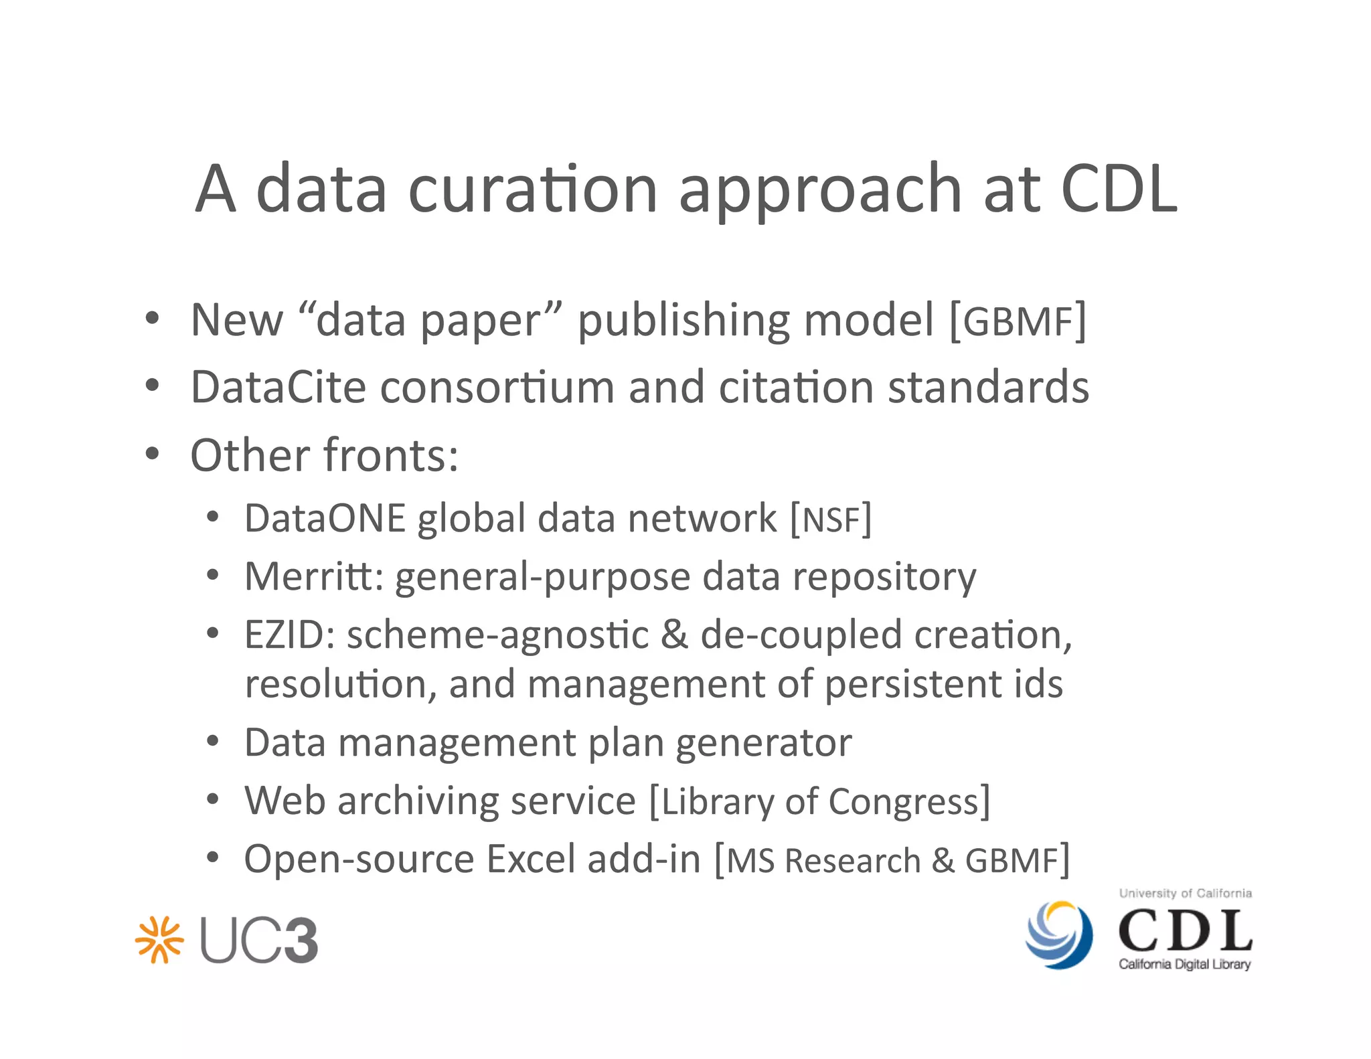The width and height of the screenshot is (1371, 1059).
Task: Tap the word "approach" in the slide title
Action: click(x=820, y=191)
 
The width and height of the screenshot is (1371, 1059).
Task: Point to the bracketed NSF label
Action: click(x=831, y=519)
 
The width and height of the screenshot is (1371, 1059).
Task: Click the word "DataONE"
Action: click(x=325, y=518)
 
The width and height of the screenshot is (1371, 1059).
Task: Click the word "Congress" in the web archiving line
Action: click(x=903, y=802)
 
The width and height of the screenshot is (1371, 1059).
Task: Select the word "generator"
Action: click(x=763, y=744)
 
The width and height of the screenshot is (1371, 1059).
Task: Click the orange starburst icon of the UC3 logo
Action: click(x=159, y=939)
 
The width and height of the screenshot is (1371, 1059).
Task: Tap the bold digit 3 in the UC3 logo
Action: click(x=296, y=941)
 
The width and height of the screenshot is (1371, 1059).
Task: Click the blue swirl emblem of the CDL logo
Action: click(x=1059, y=934)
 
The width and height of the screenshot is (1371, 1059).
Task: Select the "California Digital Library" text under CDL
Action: click(x=1184, y=964)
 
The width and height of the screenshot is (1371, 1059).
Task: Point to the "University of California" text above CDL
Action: click(x=1185, y=893)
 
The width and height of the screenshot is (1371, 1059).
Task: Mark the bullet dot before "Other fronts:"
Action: click(x=153, y=454)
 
